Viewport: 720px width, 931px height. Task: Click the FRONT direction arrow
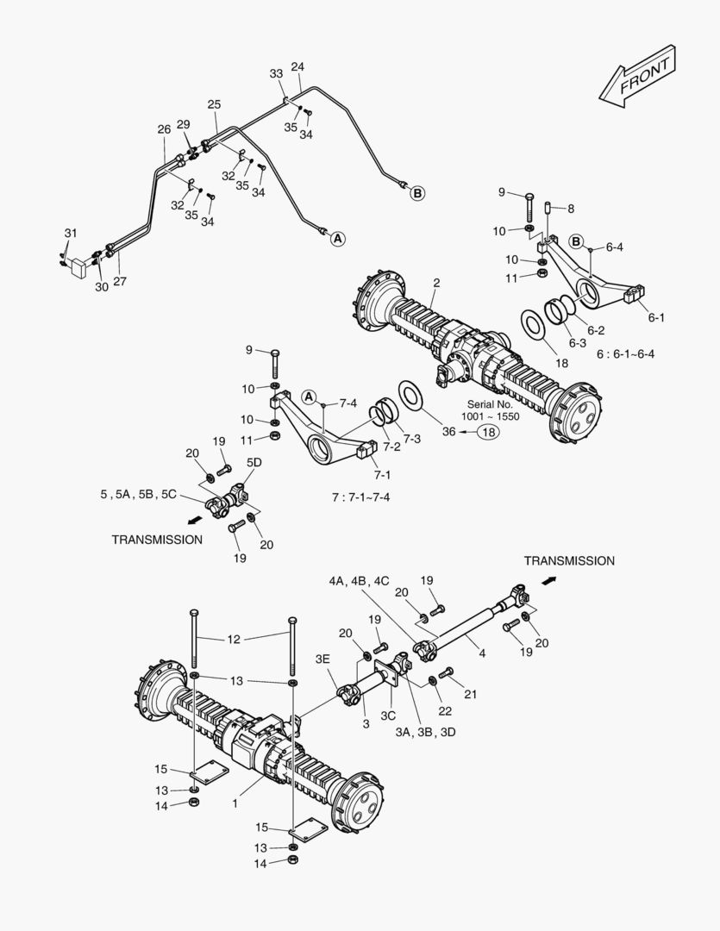(638, 78)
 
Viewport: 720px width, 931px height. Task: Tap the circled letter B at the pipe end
(417, 193)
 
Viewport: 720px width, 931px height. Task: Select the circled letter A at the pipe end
(338, 239)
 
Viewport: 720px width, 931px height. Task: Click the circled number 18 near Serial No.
(488, 433)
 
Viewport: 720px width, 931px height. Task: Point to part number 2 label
(436, 283)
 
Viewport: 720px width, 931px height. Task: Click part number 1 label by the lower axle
(235, 802)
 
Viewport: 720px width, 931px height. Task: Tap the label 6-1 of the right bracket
(656, 317)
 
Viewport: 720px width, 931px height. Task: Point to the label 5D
(254, 462)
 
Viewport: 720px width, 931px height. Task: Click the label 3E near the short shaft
(322, 659)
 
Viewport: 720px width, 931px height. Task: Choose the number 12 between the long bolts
(235, 639)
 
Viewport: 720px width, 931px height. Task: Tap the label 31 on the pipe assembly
(70, 233)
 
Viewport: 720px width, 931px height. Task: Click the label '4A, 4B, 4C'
(359, 581)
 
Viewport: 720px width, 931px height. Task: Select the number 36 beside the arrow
(448, 433)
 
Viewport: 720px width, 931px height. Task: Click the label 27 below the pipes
(119, 281)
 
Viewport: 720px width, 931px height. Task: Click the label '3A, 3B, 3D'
(427, 732)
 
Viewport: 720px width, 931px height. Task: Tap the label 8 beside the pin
(570, 208)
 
